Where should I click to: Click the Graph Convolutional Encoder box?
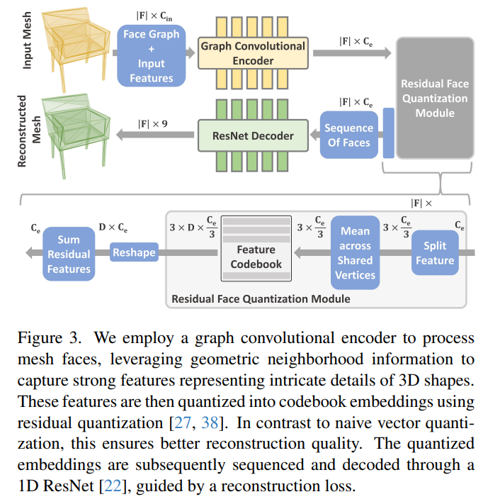pos(253,53)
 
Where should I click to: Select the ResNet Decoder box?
pos(253,135)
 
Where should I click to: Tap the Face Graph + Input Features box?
pos(151,55)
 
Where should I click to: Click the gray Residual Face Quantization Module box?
pos(435,98)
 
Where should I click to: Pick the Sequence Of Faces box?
pos(348,135)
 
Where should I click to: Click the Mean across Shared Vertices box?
pos(355,253)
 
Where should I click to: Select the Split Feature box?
pos(435,253)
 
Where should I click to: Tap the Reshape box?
pos(134,252)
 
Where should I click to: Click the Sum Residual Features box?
pos(69,254)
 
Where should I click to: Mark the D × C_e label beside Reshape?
pos(113,228)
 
